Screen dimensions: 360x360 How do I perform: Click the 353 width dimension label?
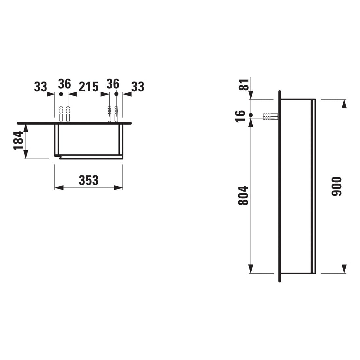click(89, 180)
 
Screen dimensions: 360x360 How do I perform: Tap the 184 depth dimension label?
click(19, 141)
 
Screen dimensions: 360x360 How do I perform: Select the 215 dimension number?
click(89, 87)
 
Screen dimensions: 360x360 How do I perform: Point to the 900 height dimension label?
click(337, 186)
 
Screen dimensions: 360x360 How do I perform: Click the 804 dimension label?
click(243, 196)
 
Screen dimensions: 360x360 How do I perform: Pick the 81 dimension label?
click(244, 85)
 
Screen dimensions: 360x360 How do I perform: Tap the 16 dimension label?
click(241, 116)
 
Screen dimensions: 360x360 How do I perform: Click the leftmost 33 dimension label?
click(41, 87)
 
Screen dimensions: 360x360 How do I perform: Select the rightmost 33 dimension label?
click(138, 87)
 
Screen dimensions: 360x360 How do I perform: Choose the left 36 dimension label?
click(64, 84)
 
